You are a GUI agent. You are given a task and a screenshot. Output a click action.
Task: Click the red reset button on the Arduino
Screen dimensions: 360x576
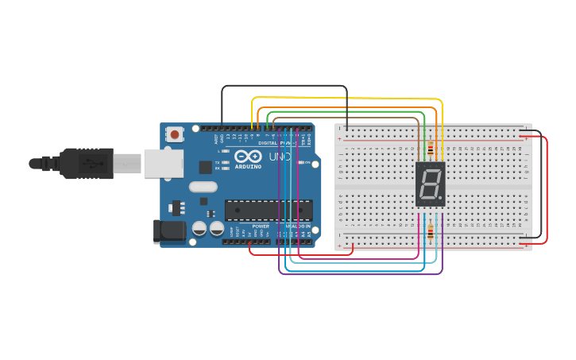(175, 135)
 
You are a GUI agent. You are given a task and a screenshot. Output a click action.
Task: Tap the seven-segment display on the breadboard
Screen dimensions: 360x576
(430, 184)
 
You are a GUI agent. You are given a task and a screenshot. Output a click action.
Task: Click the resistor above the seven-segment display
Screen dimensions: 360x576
(431, 148)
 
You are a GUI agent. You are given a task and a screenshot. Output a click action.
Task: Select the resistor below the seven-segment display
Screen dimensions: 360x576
(431, 232)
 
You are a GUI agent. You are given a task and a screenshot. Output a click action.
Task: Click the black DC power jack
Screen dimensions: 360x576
(168, 231)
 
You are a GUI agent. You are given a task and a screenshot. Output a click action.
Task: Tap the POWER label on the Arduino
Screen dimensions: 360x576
(261, 226)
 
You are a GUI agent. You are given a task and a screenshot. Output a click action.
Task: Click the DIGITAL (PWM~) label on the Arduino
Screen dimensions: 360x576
(274, 143)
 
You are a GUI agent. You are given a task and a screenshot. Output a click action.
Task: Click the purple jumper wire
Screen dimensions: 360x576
(358, 274)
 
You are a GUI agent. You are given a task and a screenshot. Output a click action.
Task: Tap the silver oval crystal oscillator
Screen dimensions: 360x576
(203, 188)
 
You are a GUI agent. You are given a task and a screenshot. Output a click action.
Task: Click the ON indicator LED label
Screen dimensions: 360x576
(303, 162)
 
